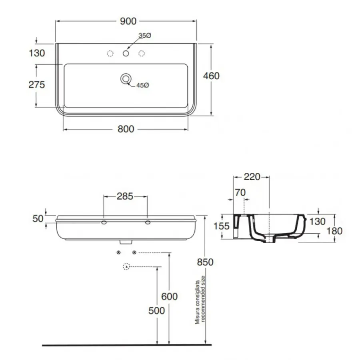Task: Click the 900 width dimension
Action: coord(128,21)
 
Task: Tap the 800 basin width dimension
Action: coord(126,129)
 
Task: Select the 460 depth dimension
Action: coord(211,76)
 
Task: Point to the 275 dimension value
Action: coord(36,85)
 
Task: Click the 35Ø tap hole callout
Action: coord(145,36)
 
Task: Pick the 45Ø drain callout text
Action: coord(142,85)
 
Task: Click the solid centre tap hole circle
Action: coord(126,53)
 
